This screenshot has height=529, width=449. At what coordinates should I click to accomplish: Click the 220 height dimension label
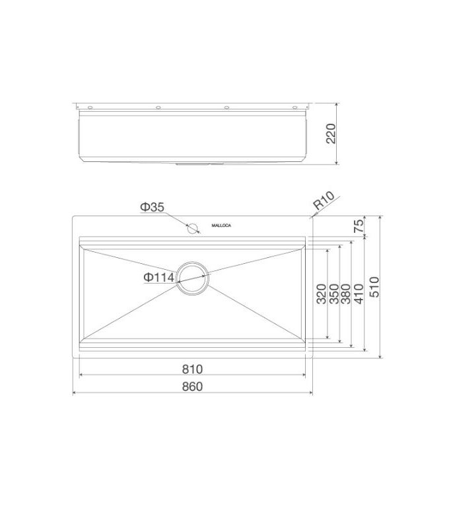[x=331, y=134]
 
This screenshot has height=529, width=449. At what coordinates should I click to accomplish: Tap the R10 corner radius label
[x=325, y=201]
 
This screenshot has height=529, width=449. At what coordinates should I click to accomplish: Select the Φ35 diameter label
[x=152, y=208]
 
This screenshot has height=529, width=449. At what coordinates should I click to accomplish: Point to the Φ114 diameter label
[x=158, y=278]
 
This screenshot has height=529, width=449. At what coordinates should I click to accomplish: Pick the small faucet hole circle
[x=192, y=228]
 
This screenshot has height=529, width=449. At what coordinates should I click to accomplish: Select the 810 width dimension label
[x=192, y=368]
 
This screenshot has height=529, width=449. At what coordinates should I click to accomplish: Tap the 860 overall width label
[x=192, y=386]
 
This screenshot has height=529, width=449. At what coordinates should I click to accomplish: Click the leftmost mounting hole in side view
[x=90, y=107]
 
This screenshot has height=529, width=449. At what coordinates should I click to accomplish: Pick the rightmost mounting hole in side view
[x=295, y=107]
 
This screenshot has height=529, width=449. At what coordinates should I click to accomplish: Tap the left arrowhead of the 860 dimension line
[x=74, y=393]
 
